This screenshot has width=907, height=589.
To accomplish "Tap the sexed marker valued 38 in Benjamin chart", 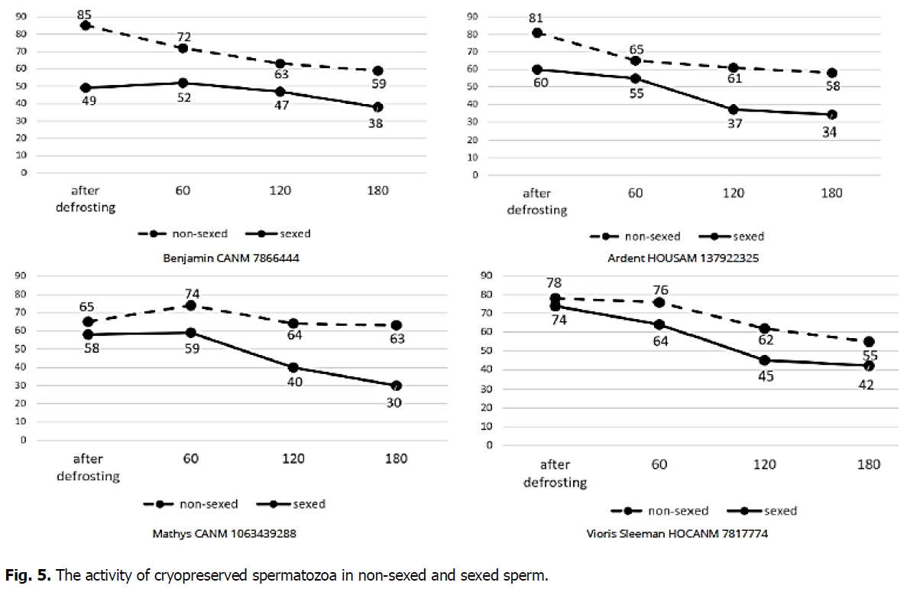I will coord(377,107).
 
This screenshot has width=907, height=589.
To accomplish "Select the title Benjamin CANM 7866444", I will coord(231,258).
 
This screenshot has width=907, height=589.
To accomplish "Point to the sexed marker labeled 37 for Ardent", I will coord(733,109).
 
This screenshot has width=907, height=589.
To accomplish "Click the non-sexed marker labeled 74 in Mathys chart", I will coord(191,305).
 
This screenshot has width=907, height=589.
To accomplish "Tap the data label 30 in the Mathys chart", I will coord(394,402).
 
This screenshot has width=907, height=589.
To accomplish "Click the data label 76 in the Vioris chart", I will coord(660,288).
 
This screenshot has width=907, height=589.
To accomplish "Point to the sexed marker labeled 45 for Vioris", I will coord(764,360).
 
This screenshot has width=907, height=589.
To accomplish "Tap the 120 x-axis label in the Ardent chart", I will coord(733,193).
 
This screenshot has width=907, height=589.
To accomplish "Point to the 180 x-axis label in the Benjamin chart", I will coord(377,190).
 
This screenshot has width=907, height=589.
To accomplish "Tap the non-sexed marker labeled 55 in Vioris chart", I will coord(869,342).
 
